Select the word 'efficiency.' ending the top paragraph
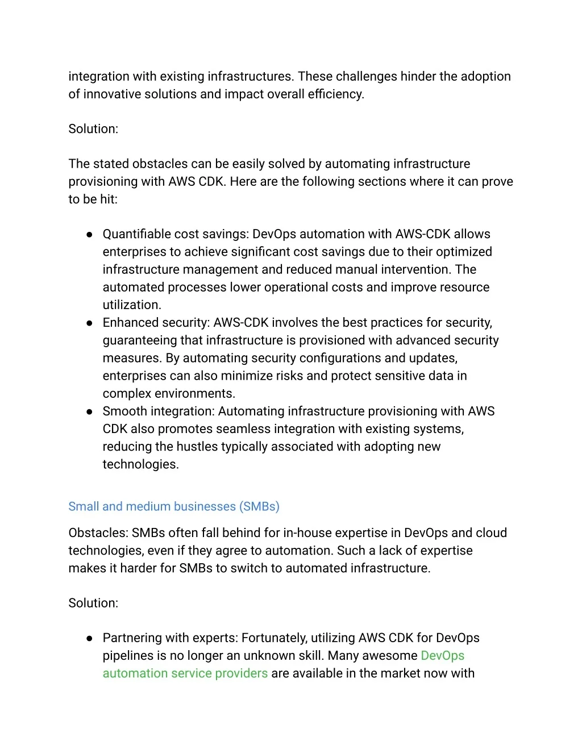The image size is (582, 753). coord(336,94)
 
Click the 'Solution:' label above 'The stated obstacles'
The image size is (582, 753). coord(93,129)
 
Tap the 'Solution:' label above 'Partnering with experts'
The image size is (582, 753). coord(93,603)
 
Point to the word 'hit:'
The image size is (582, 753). coord(109,199)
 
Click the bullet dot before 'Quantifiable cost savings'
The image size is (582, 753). coord(89,234)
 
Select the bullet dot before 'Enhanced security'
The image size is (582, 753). coord(89,323)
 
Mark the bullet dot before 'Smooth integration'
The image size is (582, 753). coord(89,411)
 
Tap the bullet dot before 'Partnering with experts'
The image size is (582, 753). coord(89,638)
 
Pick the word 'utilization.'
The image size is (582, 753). coord(132,305)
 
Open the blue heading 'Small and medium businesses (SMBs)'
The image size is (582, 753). coord(174,506)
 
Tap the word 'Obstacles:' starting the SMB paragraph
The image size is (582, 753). coord(98,533)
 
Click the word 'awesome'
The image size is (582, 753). coord(389,656)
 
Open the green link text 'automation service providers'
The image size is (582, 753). coord(185,673)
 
